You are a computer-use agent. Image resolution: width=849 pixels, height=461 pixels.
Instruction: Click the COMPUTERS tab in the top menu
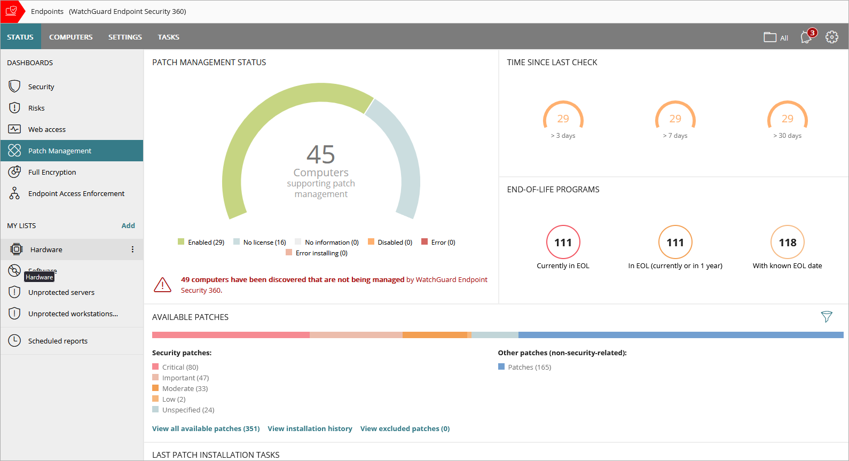click(x=70, y=37)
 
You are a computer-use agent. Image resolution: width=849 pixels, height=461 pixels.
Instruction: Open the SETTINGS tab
click(x=125, y=37)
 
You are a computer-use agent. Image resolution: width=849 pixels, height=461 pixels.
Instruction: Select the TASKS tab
click(x=168, y=37)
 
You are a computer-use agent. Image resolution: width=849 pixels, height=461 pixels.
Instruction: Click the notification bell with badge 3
click(x=807, y=37)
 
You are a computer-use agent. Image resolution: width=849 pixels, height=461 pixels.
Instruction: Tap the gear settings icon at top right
click(x=831, y=37)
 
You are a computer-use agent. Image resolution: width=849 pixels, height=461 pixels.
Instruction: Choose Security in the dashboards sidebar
click(x=41, y=87)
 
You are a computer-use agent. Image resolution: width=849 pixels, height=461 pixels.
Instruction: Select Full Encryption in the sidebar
click(x=52, y=172)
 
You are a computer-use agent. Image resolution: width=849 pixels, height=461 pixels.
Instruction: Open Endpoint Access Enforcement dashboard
click(x=76, y=193)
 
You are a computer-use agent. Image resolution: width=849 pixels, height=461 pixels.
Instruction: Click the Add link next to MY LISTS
click(x=128, y=225)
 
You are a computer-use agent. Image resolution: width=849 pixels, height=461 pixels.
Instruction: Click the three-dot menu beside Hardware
click(x=132, y=249)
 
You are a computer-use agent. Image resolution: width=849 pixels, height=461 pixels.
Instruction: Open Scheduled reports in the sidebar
click(x=58, y=341)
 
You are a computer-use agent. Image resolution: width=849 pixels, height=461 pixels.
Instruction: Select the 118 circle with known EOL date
click(x=787, y=243)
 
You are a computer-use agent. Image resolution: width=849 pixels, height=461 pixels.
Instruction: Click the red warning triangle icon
click(x=162, y=285)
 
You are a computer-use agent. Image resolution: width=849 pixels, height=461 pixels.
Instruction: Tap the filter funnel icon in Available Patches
click(x=826, y=317)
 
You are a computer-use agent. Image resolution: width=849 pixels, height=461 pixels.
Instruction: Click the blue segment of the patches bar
click(x=681, y=335)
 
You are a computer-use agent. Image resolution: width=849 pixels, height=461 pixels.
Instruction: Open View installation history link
click(x=310, y=428)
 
